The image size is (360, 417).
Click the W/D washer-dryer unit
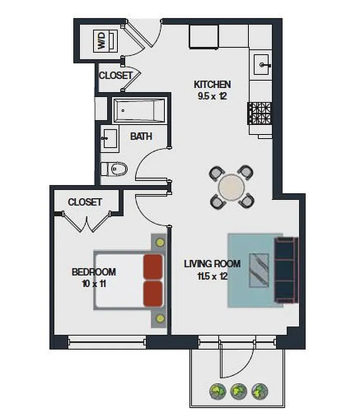click(x=102, y=41)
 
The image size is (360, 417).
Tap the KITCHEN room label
click(x=212, y=84)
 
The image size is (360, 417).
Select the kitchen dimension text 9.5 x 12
click(x=212, y=96)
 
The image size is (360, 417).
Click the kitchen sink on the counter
click(x=262, y=65)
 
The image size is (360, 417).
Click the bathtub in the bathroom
click(x=139, y=111)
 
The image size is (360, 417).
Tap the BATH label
click(x=141, y=137)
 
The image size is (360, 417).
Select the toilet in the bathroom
click(x=114, y=168)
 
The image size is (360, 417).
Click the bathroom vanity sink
click(x=108, y=138)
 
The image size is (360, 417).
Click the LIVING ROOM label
click(x=212, y=264)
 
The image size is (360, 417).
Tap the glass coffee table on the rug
click(x=259, y=269)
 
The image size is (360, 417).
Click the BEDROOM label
click(x=94, y=272)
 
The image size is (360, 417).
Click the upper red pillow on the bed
click(x=153, y=267)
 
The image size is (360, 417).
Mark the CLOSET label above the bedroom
click(x=85, y=202)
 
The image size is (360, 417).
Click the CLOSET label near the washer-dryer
click(x=116, y=75)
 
